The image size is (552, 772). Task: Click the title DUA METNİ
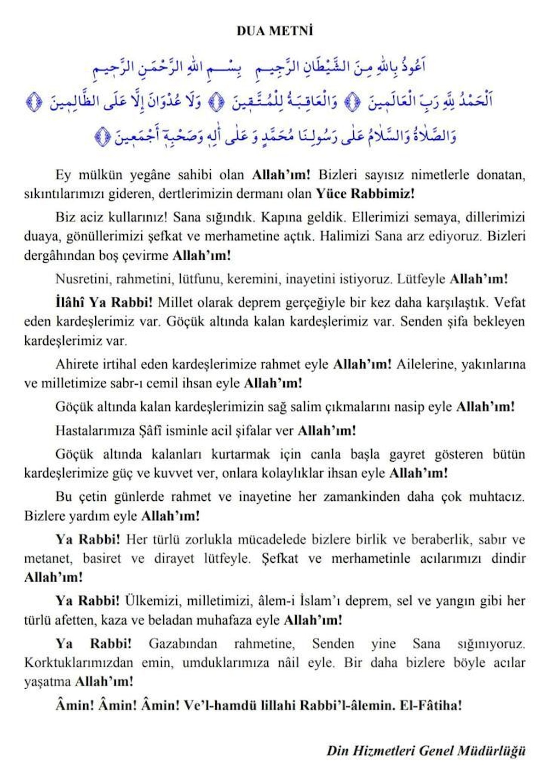[275, 31]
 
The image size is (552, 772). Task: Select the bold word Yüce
[331, 194]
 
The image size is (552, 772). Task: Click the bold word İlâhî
[70, 303]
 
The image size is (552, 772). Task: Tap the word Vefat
[509, 303]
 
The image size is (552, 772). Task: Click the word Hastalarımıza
[95, 430]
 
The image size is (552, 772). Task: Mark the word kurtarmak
[240, 454]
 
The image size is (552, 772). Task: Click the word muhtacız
[496, 497]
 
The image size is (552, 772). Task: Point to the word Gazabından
[183, 643]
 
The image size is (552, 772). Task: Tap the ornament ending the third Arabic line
[103, 137]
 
